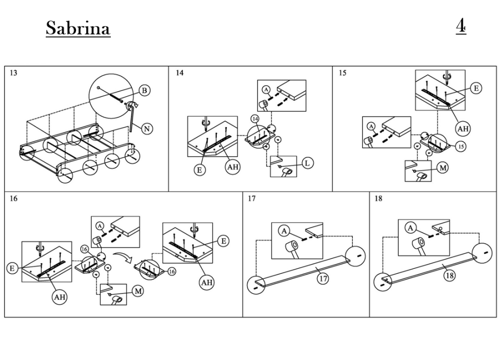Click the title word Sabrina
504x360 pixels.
point(78,28)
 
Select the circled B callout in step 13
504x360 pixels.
point(145,91)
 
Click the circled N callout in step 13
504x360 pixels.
point(147,129)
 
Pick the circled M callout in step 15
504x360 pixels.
point(443,168)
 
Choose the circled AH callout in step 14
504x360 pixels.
point(232,167)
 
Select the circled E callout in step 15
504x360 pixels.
point(475,88)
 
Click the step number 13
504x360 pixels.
point(14,73)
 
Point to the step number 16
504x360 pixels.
point(14,199)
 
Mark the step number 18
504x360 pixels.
point(379,199)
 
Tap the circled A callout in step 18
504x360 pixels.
point(411,228)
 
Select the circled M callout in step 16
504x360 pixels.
point(138,291)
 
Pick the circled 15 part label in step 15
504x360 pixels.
point(461,146)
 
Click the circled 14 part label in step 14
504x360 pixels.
point(255,118)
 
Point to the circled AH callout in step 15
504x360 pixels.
point(463,129)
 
